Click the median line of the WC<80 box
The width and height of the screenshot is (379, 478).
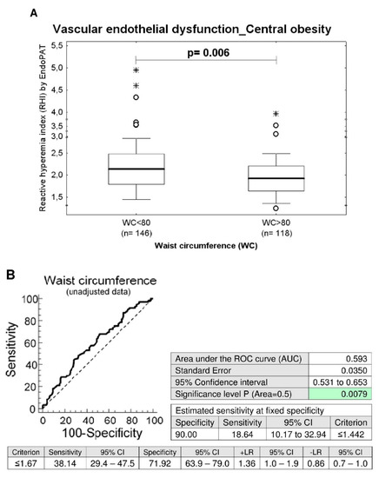pyautogui.click(x=136, y=169)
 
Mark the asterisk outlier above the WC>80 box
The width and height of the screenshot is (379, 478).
pyautogui.click(x=275, y=114)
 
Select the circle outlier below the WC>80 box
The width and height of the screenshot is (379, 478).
pyautogui.click(x=275, y=209)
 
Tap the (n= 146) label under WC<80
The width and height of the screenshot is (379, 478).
pyautogui.click(x=136, y=234)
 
